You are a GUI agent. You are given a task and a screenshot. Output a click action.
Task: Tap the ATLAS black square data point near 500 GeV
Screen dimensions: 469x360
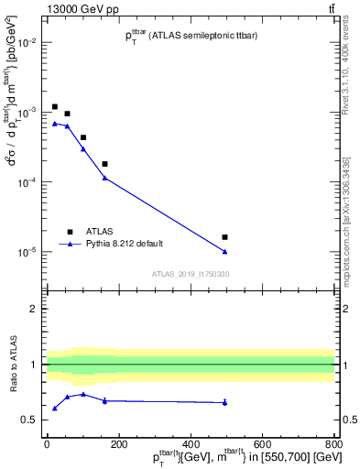click(x=224, y=237)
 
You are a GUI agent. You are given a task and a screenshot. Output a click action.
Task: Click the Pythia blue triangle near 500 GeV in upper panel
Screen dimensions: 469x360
click(x=224, y=251)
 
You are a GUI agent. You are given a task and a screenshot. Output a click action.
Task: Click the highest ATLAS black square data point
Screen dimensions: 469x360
click(x=55, y=107)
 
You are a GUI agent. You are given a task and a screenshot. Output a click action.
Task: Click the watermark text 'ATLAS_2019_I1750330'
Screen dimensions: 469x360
click(x=191, y=274)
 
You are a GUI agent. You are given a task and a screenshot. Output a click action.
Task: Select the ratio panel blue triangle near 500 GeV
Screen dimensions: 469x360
click(x=224, y=402)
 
